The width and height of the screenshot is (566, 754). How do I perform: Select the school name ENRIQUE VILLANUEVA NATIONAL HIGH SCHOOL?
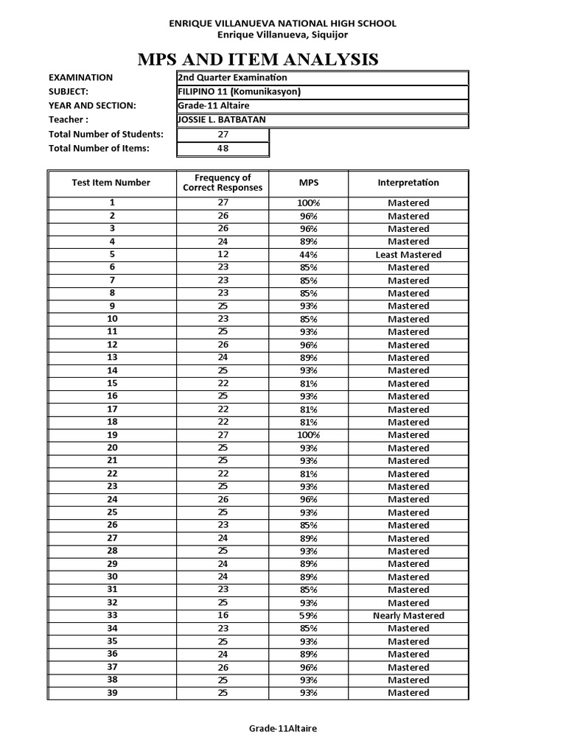[283, 24]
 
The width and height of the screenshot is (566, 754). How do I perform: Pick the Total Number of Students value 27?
[223, 135]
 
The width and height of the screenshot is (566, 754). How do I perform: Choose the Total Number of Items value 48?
[223, 149]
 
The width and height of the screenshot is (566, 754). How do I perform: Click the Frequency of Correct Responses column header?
[223, 183]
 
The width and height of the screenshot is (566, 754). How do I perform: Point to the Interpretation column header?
[408, 183]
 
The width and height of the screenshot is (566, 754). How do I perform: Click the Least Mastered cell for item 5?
[408, 255]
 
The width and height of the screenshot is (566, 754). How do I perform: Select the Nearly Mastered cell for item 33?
[408, 616]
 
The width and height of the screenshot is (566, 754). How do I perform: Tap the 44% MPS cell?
[308, 255]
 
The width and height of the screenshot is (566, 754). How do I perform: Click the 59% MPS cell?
[308, 616]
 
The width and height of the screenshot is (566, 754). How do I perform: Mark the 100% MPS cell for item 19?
[308, 435]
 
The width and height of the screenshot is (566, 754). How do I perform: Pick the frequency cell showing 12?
[223, 255]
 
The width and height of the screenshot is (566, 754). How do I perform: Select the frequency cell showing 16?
[223, 616]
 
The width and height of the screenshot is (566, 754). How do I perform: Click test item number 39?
[112, 693]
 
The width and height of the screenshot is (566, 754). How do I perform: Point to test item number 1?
[112, 202]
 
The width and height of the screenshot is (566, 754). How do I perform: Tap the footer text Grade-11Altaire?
[283, 728]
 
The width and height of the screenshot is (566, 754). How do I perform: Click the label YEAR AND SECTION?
[92, 106]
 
